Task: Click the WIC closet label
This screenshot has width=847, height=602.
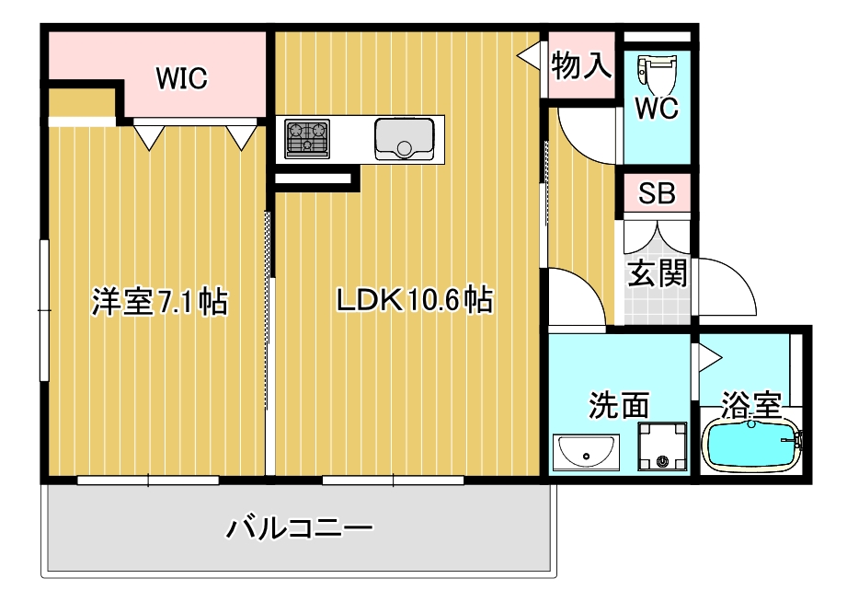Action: [x=181, y=79]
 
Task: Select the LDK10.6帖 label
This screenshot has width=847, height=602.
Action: [x=414, y=299]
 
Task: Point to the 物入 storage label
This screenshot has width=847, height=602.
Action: [x=581, y=65]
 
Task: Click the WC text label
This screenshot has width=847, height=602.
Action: [x=657, y=109]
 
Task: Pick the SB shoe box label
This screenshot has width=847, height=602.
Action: [x=657, y=194]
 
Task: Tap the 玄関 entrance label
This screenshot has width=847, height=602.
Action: [x=658, y=272]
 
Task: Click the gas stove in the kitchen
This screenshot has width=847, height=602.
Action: [x=307, y=138]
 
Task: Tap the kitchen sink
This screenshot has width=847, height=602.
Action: [x=405, y=138]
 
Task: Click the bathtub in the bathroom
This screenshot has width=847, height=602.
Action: [x=751, y=446]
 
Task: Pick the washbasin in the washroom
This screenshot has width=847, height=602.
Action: [x=586, y=453]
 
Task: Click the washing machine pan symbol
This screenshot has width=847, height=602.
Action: [x=662, y=446]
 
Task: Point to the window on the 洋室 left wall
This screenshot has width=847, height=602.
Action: [x=43, y=309]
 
